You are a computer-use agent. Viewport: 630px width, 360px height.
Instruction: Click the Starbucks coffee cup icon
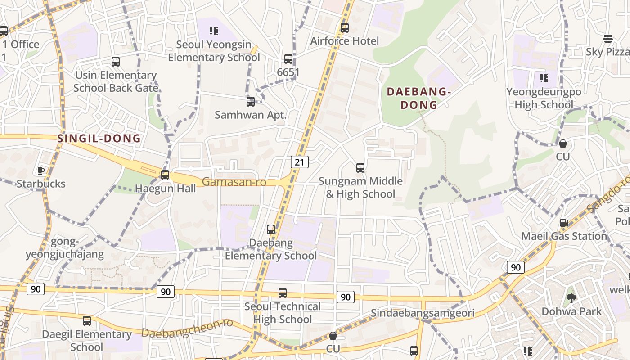pyautogui.click(x=41, y=171)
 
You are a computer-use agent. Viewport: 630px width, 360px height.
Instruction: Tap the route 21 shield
pyautogui.click(x=299, y=162)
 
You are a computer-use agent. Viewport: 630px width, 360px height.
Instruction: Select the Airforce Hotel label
pyautogui.click(x=345, y=41)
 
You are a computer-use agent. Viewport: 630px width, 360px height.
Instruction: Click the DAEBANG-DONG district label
pyautogui.click(x=418, y=98)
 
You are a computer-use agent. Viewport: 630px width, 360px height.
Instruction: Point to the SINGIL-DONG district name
pyautogui.click(x=99, y=139)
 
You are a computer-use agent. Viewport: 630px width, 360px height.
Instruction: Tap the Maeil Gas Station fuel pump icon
pyautogui.click(x=564, y=223)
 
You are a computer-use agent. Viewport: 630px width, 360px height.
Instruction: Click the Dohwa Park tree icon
pyautogui.click(x=571, y=298)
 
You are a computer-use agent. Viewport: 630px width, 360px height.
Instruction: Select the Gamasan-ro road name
pyautogui.click(x=234, y=182)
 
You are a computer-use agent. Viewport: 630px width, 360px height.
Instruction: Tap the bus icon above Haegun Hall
pyautogui.click(x=165, y=175)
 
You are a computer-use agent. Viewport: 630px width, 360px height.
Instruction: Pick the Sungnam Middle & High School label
pyautogui.click(x=360, y=188)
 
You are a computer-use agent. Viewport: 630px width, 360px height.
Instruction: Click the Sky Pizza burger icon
pyautogui.click(x=608, y=38)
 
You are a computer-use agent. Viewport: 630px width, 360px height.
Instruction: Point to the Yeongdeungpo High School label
pyautogui.click(x=544, y=98)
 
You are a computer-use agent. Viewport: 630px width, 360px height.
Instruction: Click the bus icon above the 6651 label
pyautogui.click(x=288, y=59)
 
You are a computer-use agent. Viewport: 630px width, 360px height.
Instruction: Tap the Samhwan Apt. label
pyautogui.click(x=250, y=115)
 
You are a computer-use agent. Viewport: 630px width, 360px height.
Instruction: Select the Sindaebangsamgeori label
pyautogui.click(x=423, y=313)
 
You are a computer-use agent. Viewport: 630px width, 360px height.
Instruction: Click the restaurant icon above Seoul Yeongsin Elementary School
pyautogui.click(x=214, y=31)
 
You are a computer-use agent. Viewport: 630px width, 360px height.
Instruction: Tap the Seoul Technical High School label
pyautogui.click(x=283, y=313)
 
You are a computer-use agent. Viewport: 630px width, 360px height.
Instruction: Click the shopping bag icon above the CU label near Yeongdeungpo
pyautogui.click(x=562, y=144)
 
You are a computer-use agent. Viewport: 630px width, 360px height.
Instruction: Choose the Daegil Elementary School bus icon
pyautogui.click(x=87, y=321)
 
